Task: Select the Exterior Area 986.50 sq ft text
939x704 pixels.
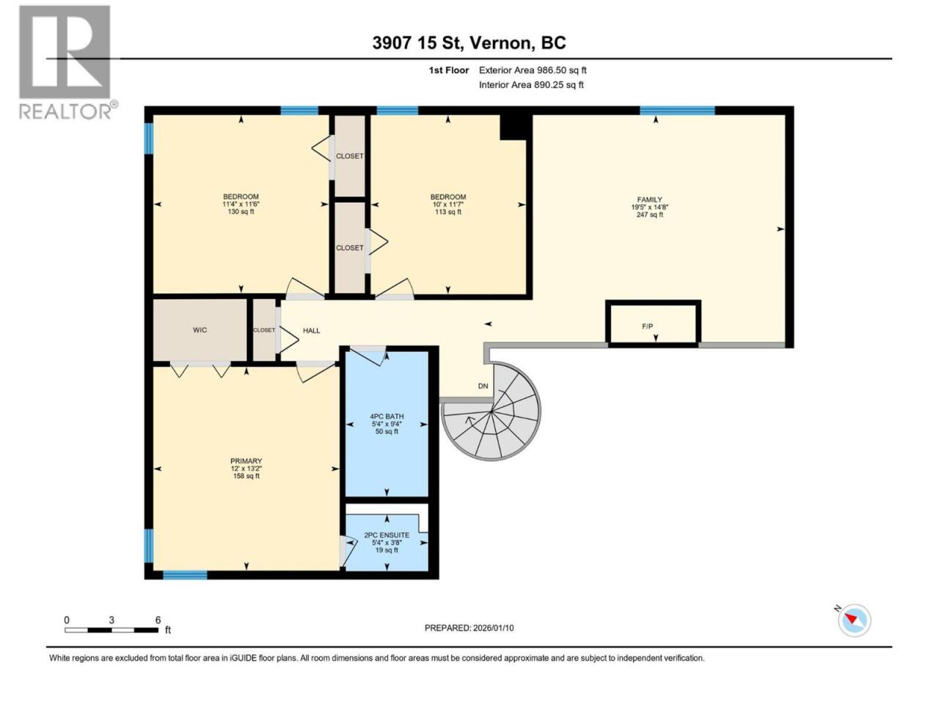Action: coord(533,70)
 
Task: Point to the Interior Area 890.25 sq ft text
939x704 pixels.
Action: coord(531,84)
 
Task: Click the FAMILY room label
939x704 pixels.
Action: coord(649,199)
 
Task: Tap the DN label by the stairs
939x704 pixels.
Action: coord(483,386)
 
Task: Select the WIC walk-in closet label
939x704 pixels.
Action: coord(200,330)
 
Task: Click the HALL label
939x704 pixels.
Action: coord(312,331)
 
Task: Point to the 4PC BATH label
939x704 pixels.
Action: coord(387,417)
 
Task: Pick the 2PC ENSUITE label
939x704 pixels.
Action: coord(387,535)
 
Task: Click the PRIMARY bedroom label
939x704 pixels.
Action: coord(246,461)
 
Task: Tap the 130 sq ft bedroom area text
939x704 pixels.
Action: coord(241,212)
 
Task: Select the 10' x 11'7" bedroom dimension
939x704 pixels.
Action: coord(448,205)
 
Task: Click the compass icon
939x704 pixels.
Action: coord(855,620)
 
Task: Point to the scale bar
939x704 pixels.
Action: coord(112,630)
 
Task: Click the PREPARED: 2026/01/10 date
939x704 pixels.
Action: coord(469,628)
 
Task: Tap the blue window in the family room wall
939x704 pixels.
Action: coord(677,110)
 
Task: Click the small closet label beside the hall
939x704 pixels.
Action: coord(264,330)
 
